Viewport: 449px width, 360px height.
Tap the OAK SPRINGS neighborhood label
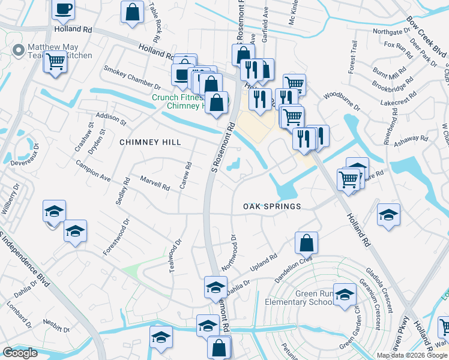[271, 206]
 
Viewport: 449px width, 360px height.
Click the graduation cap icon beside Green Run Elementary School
[345, 295]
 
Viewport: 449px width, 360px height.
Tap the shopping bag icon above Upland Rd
[306, 243]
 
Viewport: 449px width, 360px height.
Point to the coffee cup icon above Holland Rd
[63, 9]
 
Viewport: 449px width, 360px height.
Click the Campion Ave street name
[93, 170]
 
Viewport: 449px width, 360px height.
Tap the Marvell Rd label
[155, 183]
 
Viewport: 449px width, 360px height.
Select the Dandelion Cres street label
[294, 262]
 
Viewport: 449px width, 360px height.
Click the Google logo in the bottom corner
[20, 352]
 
